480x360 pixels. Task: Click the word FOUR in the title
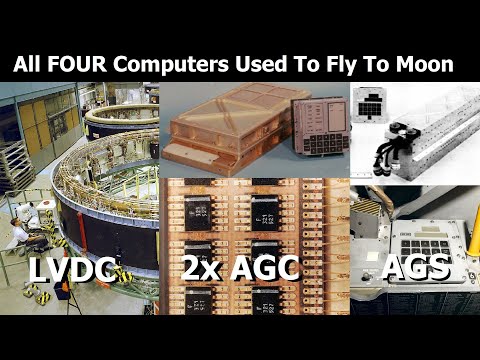pyautogui.click(x=86, y=64)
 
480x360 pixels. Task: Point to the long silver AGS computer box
pyautogui.click(x=430, y=140)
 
